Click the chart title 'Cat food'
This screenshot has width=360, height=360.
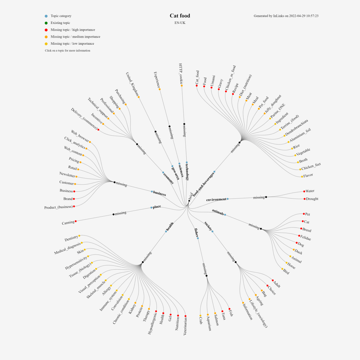[180, 16]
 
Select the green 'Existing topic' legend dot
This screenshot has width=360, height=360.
[46, 23]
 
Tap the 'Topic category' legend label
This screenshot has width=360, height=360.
[61, 16]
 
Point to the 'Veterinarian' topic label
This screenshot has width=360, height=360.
[185, 327]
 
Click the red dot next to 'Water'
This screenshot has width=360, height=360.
[304, 191]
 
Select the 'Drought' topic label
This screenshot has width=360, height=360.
[312, 199]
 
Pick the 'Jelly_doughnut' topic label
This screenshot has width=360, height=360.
[273, 104]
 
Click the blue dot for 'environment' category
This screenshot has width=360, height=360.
[227, 199]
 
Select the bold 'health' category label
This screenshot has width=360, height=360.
[170, 227]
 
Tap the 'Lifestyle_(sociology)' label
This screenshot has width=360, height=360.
[258, 314]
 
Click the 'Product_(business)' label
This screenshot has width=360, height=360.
[58, 207]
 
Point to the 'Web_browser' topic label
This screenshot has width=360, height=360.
[80, 136]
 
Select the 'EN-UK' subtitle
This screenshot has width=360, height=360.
[180, 23]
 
